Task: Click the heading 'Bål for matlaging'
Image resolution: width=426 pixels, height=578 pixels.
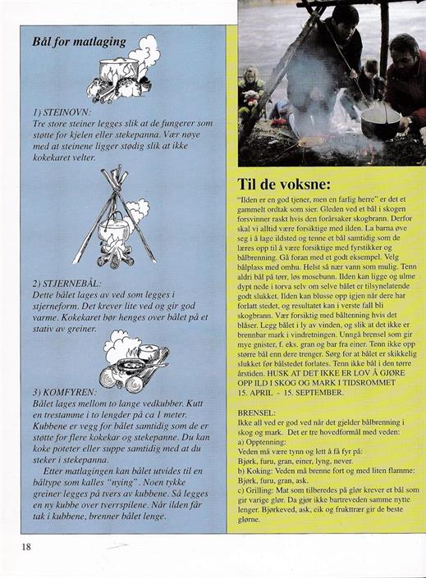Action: pyautogui.click(x=79, y=42)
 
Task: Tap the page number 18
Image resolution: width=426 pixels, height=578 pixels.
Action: pyautogui.click(x=26, y=546)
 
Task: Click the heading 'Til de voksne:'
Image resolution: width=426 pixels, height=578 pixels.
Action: pyautogui.click(x=284, y=184)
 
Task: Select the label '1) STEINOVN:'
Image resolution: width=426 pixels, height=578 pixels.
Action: pyautogui.click(x=62, y=112)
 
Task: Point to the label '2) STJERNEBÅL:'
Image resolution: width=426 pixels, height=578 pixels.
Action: pyautogui.click(x=66, y=284)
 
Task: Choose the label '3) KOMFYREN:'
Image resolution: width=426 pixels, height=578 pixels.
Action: pyautogui.click(x=65, y=392)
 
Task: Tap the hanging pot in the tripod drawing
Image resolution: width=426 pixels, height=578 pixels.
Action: pyautogui.click(x=113, y=230)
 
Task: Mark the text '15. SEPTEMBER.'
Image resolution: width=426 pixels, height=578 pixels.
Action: pyautogui.click(x=313, y=393)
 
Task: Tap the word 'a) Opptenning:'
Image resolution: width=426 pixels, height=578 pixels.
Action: pyautogui.click(x=262, y=442)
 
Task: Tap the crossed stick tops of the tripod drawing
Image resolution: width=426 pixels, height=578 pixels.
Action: pyautogui.click(x=116, y=176)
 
